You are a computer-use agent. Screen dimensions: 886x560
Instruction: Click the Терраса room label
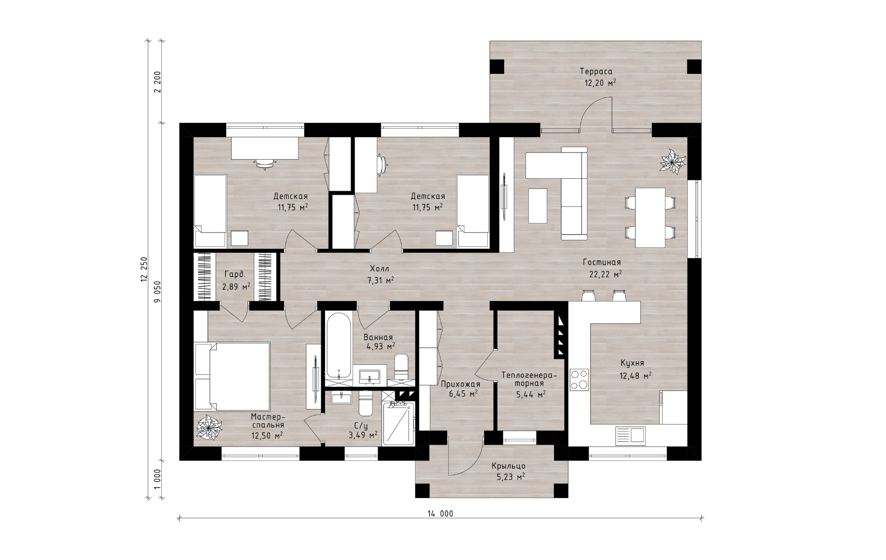pos(596,71)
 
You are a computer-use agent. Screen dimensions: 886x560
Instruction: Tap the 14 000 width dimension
pos(440,514)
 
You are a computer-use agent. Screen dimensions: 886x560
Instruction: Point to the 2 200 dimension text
pos(157,82)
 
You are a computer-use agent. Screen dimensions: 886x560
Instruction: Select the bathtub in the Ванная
pos(338,346)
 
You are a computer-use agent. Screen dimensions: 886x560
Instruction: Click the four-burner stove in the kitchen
pos(579,379)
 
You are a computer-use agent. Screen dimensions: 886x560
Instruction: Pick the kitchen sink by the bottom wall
pos(630,435)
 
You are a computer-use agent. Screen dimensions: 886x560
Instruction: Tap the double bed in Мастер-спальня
pos(232,376)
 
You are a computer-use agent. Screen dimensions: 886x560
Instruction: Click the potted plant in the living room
pos(672,162)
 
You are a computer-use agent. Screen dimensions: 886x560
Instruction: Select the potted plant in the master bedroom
pos(208,427)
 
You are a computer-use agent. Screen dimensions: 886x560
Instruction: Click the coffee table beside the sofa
pos(538,206)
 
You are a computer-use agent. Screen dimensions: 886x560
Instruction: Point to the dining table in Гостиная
pos(650,217)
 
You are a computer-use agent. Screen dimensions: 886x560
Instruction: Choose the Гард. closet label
pos(234,274)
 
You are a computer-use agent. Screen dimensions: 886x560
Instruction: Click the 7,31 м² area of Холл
pos(380,280)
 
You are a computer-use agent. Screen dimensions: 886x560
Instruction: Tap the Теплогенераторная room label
pos(529,379)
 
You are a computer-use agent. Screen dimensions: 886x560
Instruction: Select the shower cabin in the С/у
pos(398,424)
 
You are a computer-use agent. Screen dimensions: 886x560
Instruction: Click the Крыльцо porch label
pos(509,466)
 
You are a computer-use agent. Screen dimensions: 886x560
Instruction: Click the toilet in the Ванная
pos(401,367)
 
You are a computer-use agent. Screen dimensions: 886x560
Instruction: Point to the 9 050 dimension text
pos(157,292)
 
